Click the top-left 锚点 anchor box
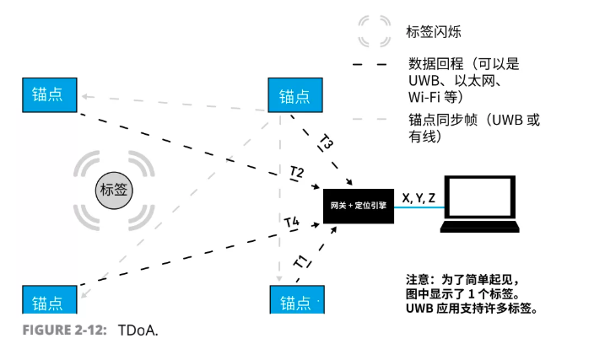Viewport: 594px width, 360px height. (x=48, y=94)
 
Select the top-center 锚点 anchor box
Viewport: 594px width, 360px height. (x=295, y=95)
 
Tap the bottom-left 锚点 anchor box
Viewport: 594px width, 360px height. (x=48, y=300)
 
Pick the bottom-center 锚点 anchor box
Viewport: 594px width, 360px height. (x=295, y=300)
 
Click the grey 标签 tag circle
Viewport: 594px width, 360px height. (x=114, y=189)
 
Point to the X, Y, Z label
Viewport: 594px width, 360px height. (x=419, y=198)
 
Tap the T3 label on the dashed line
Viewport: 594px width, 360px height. (x=327, y=141)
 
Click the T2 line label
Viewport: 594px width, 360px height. (x=296, y=173)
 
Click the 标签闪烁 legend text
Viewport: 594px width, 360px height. (x=434, y=32)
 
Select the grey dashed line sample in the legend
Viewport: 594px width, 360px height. (x=373, y=120)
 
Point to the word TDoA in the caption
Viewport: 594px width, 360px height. (x=138, y=329)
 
